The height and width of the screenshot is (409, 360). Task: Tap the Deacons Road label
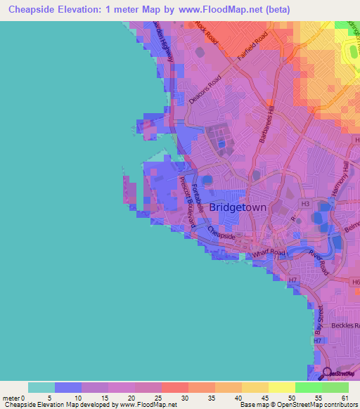(x=205, y=90)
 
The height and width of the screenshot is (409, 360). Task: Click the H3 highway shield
(x=305, y=204)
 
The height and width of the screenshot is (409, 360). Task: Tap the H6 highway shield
(x=355, y=280)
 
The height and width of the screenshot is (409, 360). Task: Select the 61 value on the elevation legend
(x=345, y=398)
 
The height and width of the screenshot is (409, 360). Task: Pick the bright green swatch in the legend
(x=308, y=387)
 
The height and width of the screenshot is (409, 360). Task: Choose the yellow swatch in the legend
(x=281, y=387)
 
